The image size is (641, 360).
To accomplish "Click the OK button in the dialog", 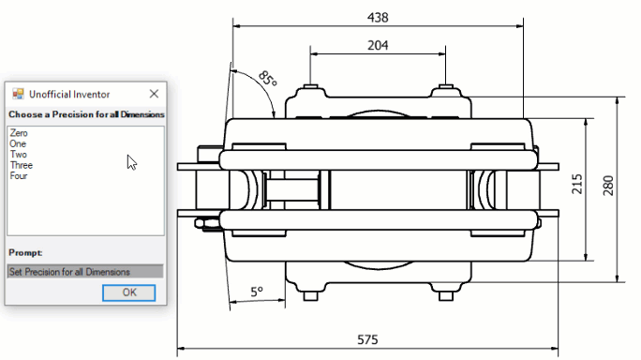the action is [128, 292].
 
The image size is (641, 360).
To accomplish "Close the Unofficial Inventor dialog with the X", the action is [154, 94].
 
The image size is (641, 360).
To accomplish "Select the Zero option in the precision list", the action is [19, 133].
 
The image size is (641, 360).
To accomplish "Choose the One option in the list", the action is [18, 143].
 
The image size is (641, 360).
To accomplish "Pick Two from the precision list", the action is [19, 155].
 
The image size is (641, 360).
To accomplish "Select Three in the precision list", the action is [22, 165].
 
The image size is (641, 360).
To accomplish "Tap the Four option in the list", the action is [19, 175].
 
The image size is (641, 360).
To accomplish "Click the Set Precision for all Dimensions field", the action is [85, 272].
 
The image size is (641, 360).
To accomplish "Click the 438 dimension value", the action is [378, 18].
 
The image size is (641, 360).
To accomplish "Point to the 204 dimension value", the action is [378, 45].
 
